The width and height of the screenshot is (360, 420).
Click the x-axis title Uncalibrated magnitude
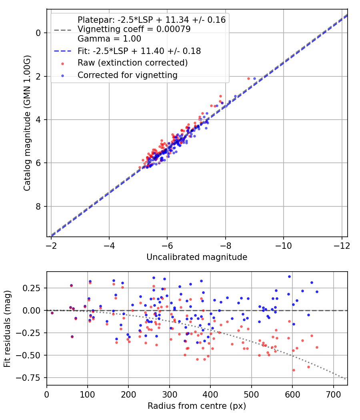pos(197,257)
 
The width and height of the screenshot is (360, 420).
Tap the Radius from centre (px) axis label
pos(197,406)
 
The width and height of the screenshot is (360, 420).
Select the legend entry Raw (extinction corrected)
pos(132,63)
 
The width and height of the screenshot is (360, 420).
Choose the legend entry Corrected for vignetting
pos(127,75)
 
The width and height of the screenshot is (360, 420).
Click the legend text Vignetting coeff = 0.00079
pos(134,29)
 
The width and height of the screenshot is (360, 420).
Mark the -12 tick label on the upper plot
pos(341,245)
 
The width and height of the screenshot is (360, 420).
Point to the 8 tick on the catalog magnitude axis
pos(38,206)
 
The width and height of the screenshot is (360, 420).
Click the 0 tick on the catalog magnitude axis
pos(38,33)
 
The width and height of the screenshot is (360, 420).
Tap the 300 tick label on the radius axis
pos(170,394)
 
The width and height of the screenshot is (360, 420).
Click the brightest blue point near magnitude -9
pos(254,78)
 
